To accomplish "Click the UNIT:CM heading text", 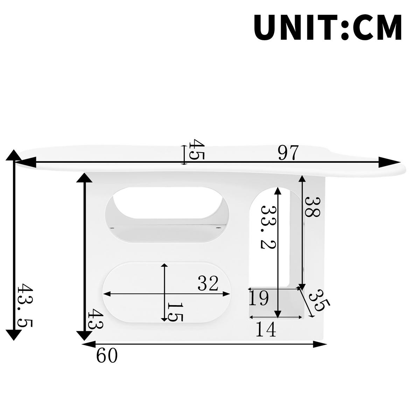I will point(328,28).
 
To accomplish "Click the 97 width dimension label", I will point(288,153).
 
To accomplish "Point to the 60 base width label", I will point(107,356).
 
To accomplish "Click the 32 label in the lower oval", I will point(208,283).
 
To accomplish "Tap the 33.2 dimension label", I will point(269,226).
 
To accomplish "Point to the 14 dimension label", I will point(266,329).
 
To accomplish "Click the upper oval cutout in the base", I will point(167,214).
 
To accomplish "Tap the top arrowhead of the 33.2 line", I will point(278,191).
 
